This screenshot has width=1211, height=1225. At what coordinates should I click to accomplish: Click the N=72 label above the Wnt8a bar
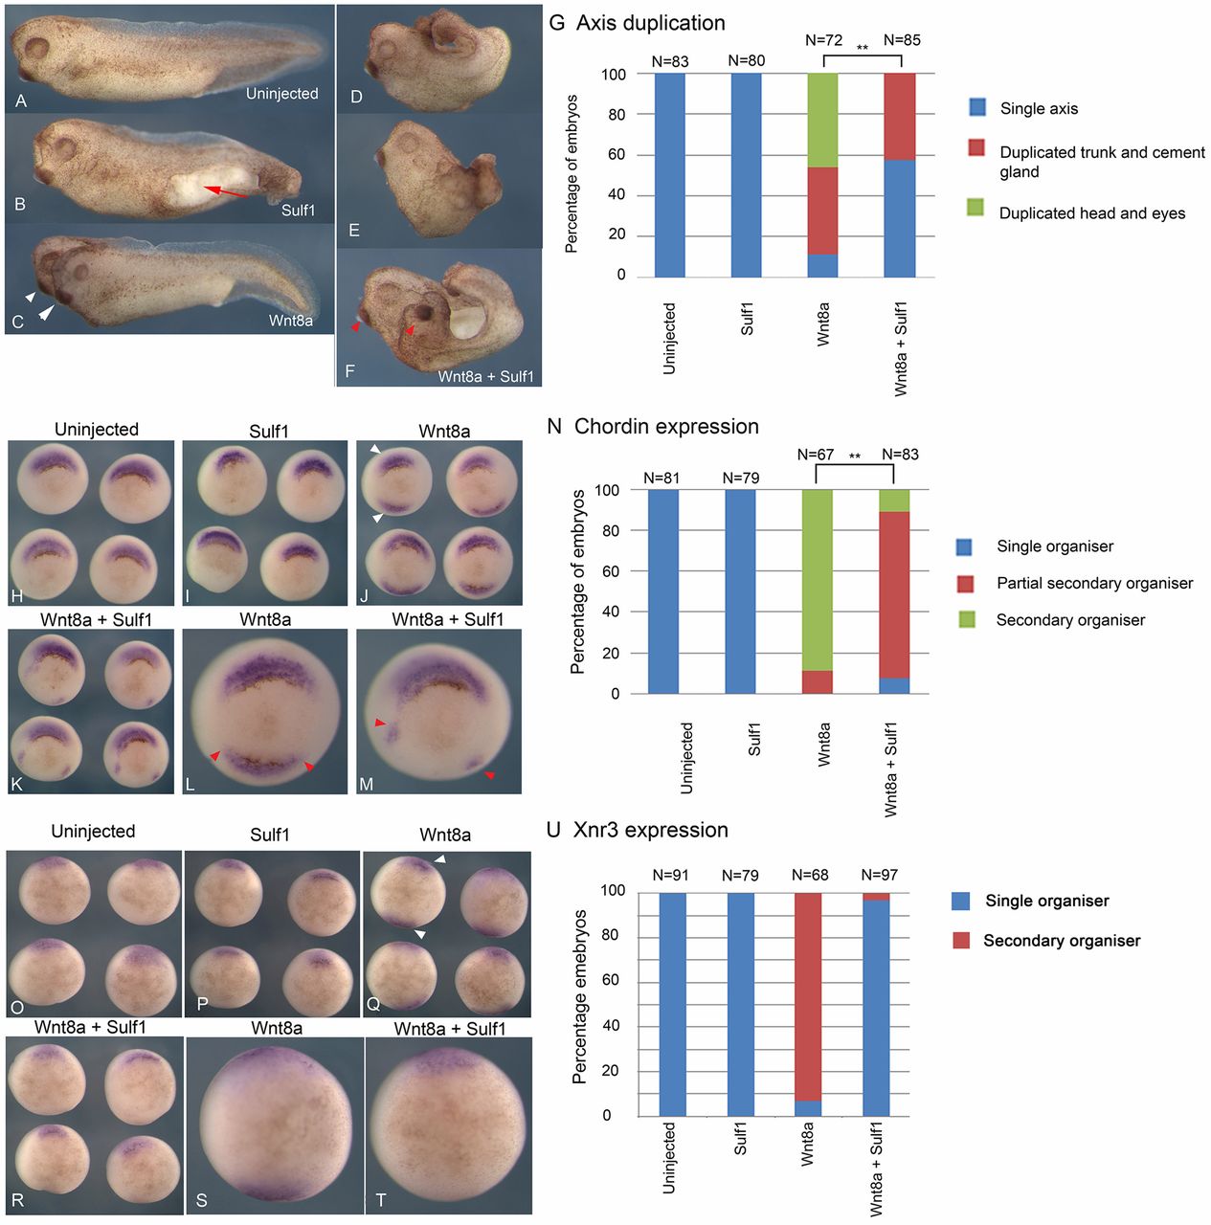[x=823, y=40]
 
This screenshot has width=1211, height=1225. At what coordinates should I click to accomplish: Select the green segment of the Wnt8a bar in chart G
[x=822, y=120]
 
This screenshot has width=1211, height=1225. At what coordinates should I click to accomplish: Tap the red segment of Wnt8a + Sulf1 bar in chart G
[x=899, y=116]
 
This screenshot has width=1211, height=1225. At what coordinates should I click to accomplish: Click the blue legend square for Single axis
[x=976, y=107]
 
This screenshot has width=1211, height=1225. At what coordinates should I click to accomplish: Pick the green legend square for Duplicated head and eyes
[x=976, y=208]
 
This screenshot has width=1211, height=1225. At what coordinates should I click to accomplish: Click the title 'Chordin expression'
[x=666, y=427]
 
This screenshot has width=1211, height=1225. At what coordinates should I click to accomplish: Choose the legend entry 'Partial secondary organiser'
[x=1094, y=583]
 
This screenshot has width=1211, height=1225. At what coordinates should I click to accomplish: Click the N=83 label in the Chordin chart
[x=900, y=455]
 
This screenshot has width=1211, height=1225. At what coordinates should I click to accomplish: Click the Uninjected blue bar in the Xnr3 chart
[x=672, y=1004]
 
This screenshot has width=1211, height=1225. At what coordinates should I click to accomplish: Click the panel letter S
[x=201, y=1200]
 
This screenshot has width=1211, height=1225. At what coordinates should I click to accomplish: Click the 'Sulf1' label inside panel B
[x=298, y=210]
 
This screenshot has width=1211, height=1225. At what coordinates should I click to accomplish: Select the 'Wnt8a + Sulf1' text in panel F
[x=485, y=376]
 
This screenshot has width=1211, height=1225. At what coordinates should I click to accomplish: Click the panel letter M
[x=367, y=785]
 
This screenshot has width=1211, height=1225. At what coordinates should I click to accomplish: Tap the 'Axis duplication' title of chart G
[x=650, y=23]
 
